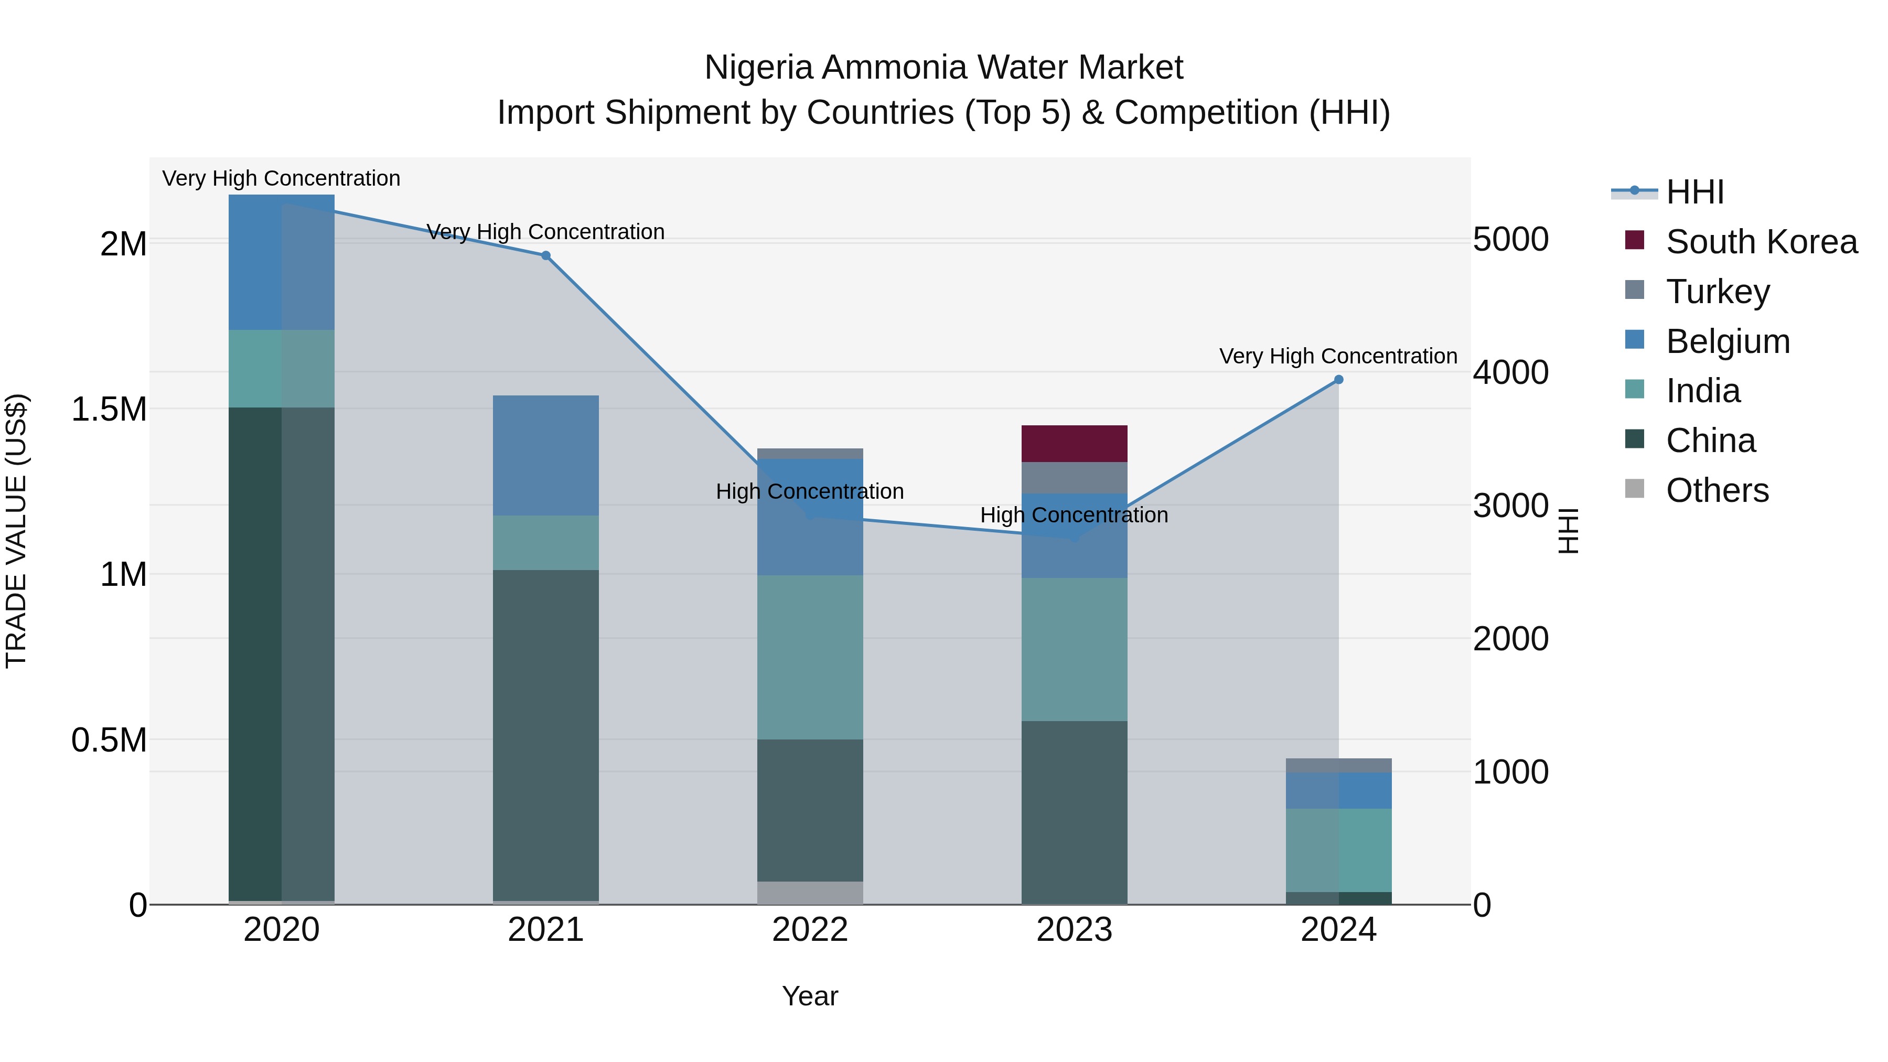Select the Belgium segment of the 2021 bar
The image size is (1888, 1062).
click(545, 455)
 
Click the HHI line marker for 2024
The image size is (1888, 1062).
click(1338, 380)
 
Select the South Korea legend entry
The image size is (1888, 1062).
click(1761, 242)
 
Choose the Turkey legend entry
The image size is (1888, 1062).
click(1717, 292)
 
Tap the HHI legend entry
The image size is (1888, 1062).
click(1694, 192)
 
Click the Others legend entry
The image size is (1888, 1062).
click(1717, 490)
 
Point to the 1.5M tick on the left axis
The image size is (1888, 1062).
click(109, 409)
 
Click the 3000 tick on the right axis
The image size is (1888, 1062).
click(1510, 506)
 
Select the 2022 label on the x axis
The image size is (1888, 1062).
click(810, 930)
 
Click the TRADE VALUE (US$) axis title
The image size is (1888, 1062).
click(16, 531)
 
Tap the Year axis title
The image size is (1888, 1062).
click(810, 996)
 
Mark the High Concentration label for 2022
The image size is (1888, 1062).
click(809, 491)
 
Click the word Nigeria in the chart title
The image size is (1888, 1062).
click(758, 68)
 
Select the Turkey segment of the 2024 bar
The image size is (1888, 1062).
click(1338, 765)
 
